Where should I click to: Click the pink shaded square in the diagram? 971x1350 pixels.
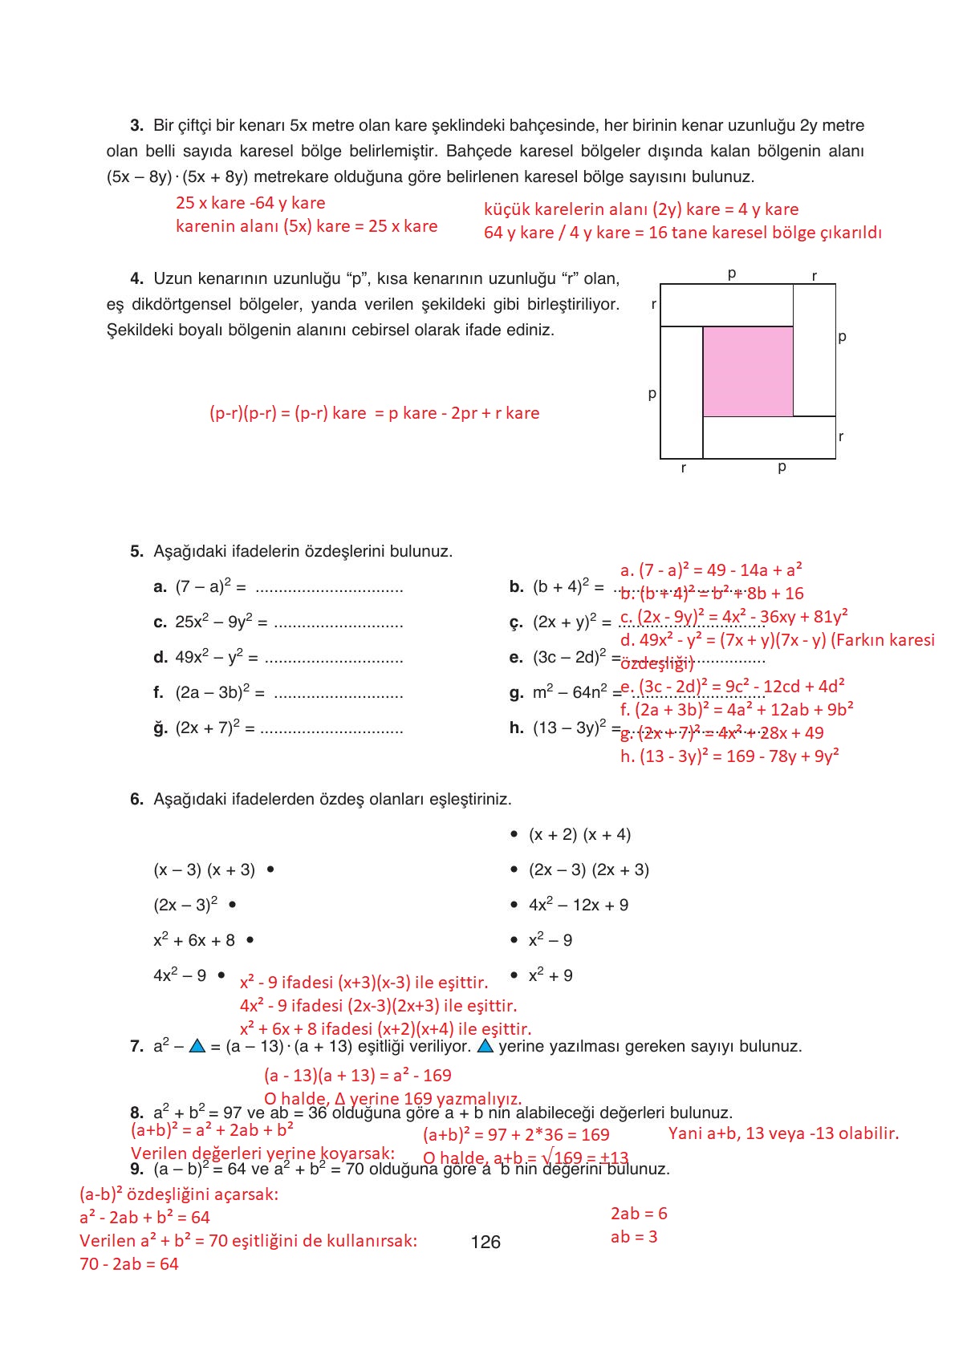tap(747, 371)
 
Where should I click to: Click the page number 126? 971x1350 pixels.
tap(485, 1242)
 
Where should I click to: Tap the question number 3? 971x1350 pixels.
tap(136, 125)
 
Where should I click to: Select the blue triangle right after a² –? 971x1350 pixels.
tap(197, 1047)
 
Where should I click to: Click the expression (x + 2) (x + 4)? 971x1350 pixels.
tap(579, 834)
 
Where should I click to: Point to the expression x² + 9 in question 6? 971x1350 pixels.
tap(551, 975)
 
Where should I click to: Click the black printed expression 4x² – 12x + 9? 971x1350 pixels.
tap(578, 905)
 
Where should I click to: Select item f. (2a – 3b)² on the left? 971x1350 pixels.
tap(209, 692)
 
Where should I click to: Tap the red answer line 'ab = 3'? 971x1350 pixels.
tap(633, 1236)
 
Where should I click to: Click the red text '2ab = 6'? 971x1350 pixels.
tap(639, 1213)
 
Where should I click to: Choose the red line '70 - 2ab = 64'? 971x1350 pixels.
tap(128, 1263)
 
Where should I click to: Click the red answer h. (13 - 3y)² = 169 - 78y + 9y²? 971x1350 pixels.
tap(729, 756)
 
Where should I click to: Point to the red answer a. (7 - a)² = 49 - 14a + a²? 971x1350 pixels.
tap(711, 570)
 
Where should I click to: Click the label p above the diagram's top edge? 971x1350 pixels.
tap(732, 274)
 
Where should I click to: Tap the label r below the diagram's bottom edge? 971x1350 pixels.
tap(683, 468)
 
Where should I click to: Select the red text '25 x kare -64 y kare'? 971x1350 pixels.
tap(250, 203)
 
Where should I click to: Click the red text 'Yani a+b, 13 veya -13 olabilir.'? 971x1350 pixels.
tap(783, 1133)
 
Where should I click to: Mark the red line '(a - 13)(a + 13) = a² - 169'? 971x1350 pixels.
tap(357, 1075)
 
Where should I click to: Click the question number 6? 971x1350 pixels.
tap(136, 799)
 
